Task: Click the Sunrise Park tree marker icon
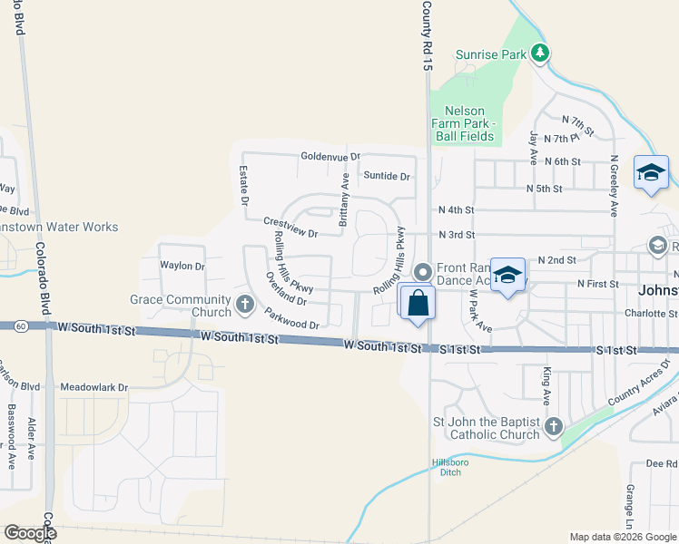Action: point(540,53)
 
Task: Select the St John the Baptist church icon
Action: point(554,426)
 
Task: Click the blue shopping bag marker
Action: point(417,302)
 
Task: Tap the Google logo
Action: point(29,533)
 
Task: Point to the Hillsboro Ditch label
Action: point(451,468)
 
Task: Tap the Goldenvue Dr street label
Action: point(330,156)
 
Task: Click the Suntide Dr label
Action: point(387,176)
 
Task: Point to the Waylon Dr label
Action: point(182,266)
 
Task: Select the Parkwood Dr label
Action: point(292,318)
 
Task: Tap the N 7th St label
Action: point(577,120)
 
